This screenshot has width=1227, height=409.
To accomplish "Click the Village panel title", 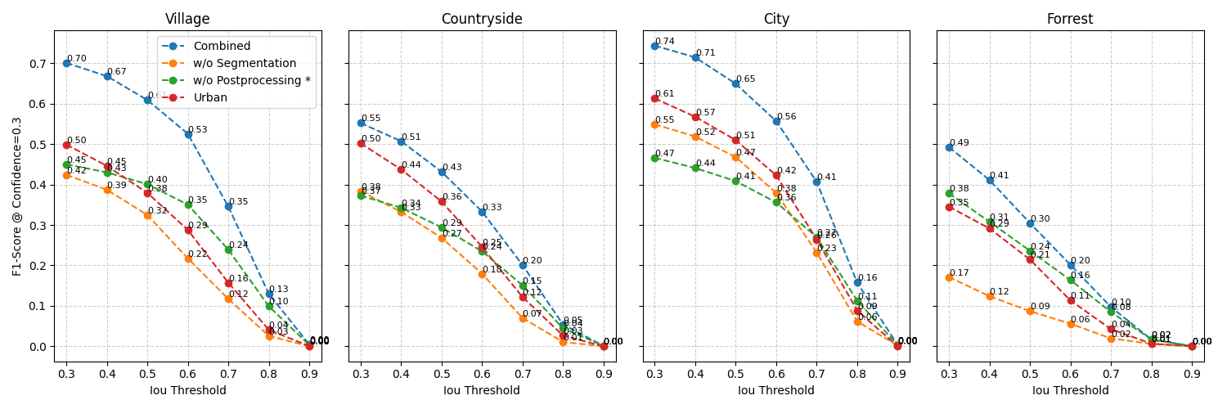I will click(187, 19).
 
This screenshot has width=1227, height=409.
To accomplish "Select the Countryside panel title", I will click(482, 19).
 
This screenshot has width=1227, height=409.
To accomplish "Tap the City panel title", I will click(776, 19).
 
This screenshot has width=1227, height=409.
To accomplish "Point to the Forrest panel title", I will click(1070, 19).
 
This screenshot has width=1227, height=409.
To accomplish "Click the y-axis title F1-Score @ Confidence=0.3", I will click(17, 196).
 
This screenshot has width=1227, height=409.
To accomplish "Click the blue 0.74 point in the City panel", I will click(654, 46).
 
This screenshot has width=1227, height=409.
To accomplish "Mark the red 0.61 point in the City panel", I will click(654, 98).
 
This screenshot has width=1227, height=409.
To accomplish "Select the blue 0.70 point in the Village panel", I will click(66, 63).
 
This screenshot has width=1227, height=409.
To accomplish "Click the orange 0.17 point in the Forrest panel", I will click(949, 277).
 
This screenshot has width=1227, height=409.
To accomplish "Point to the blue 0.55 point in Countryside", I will click(361, 123).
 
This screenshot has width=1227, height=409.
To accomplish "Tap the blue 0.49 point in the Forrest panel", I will click(949, 147).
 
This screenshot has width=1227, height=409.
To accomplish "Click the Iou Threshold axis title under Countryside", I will click(482, 390).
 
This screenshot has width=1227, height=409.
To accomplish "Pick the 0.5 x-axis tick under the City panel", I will click(735, 374).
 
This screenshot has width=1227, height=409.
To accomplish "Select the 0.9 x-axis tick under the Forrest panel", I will click(1192, 374).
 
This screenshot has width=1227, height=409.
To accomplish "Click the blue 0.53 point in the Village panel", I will click(188, 134).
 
